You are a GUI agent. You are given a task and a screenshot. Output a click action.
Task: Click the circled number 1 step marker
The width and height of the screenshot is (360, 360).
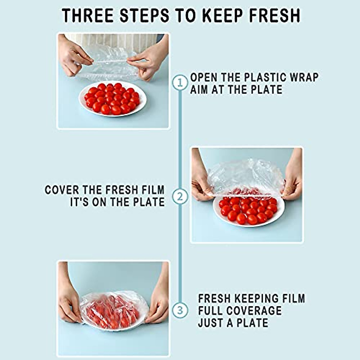click(x=180, y=82)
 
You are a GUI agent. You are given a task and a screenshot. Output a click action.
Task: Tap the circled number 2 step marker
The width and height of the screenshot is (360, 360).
click(x=180, y=197)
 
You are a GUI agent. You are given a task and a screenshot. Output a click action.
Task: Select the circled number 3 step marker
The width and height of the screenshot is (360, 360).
click(x=180, y=310)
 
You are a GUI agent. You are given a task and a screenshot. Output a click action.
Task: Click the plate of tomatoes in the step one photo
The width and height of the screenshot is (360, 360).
click(x=112, y=99)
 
